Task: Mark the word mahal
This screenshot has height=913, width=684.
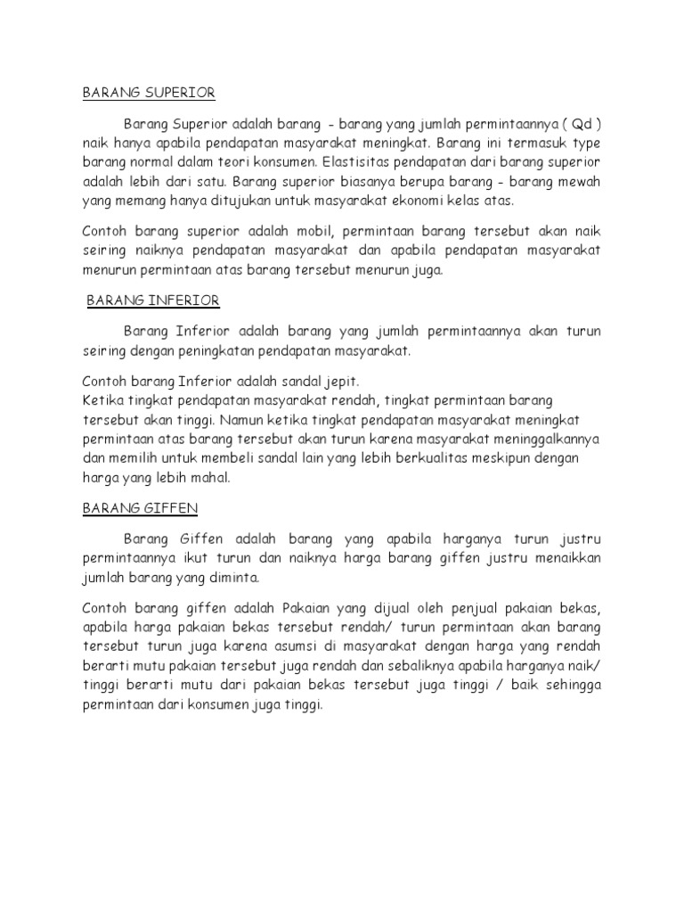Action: [211, 479]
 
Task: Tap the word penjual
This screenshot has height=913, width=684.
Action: [453, 608]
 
